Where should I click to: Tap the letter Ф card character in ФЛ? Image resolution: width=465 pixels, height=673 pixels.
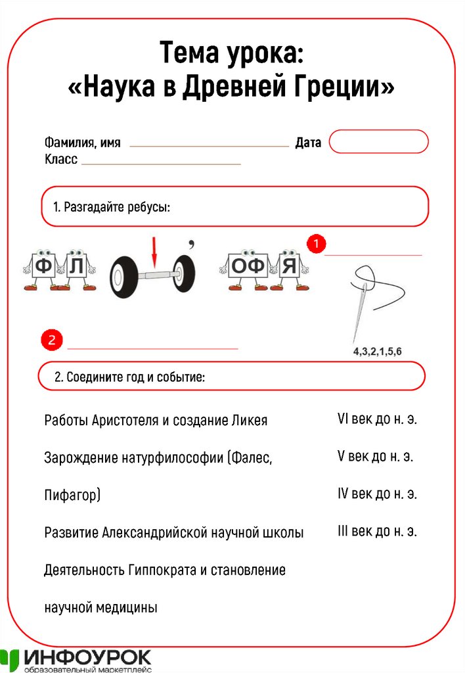point(43,267)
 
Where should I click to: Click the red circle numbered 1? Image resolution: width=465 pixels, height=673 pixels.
point(317,243)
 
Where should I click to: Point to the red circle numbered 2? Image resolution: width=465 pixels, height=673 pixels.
point(51,340)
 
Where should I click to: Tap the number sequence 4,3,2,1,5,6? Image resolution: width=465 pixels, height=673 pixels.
point(378,352)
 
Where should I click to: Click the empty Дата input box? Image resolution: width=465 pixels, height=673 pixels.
point(378,142)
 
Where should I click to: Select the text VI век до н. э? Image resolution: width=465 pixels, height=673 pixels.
point(377,419)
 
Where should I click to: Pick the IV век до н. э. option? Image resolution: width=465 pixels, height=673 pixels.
point(377,494)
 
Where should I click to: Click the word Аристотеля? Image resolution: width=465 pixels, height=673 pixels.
point(125,420)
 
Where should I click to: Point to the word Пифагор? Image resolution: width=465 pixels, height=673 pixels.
point(71,495)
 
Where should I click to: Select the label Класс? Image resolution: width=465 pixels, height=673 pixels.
point(61,159)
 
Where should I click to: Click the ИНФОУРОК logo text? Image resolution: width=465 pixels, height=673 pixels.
point(89,657)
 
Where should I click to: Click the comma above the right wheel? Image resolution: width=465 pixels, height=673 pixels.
point(191,244)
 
